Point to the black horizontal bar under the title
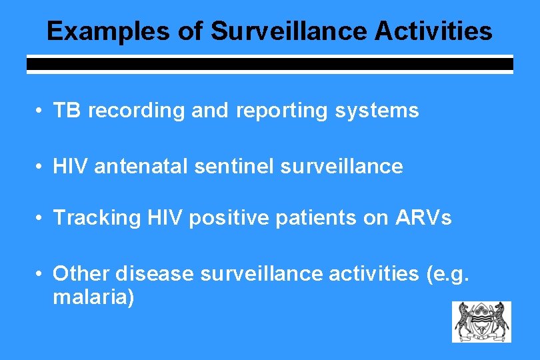(x=269, y=65)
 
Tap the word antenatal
(x=141, y=167)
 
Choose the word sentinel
(x=234, y=167)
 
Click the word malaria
(x=93, y=297)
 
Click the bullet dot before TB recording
(x=41, y=111)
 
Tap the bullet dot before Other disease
(x=41, y=274)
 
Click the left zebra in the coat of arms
(x=463, y=320)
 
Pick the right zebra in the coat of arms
(x=501, y=320)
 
